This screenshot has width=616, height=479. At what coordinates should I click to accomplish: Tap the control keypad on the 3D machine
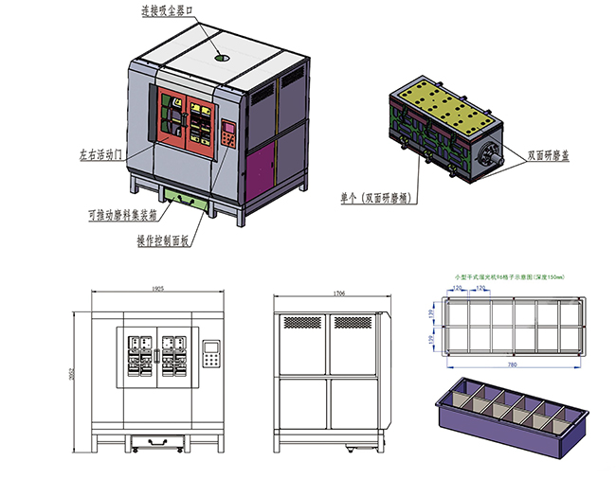coord(228,134)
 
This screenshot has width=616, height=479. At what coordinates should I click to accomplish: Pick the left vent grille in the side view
coord(302,322)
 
